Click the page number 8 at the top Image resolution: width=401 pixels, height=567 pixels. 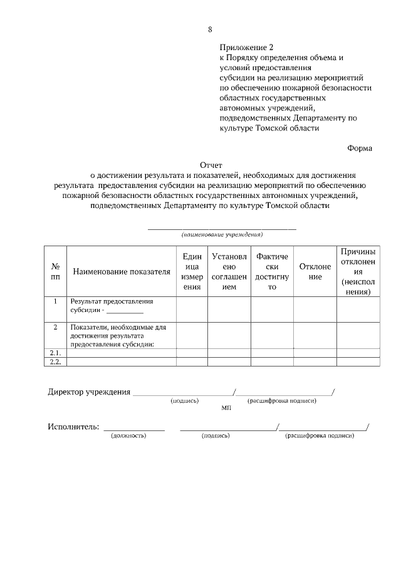[211, 29]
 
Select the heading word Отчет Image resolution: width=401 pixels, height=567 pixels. [211, 165]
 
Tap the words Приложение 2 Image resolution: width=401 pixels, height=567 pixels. [247, 47]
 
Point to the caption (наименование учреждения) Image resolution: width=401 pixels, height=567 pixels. [222, 234]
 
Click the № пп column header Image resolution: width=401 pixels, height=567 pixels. [55, 271]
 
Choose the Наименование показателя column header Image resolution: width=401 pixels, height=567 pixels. [122, 272]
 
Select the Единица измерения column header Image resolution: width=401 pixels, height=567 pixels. [191, 271]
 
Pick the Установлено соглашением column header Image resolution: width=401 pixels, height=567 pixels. [229, 271]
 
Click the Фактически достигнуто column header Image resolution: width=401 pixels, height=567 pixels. [272, 271]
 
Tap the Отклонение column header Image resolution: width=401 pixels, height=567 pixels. [315, 271]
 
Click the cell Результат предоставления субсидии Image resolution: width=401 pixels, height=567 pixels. [112, 306]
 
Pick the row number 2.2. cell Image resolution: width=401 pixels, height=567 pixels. [55, 362]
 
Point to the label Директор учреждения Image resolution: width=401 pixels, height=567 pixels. [89, 393]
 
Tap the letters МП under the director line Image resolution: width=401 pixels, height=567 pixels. [226, 408]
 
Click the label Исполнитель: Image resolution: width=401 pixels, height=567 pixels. [73, 427]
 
